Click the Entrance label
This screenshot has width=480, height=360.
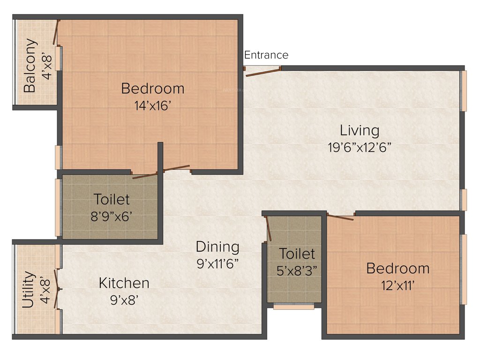pyautogui.click(x=266, y=55)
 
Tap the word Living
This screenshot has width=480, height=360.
pyautogui.click(x=360, y=130)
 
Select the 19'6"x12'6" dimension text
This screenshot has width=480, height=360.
pyautogui.click(x=360, y=147)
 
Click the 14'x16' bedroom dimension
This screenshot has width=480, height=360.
pyautogui.click(x=152, y=105)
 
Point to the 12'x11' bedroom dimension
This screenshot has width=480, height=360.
pyautogui.click(x=397, y=285)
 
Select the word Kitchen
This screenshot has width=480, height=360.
pyautogui.click(x=124, y=283)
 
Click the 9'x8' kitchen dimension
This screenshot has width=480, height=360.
pyautogui.click(x=124, y=300)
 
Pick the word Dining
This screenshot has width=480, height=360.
pyautogui.click(x=217, y=247)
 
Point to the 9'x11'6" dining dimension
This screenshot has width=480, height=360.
pyautogui.click(x=217, y=263)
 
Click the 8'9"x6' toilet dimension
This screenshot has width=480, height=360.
pyautogui.click(x=112, y=217)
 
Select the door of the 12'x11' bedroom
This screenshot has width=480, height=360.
pyautogui.click(x=340, y=217)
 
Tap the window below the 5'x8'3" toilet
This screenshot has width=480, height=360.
pyautogui.click(x=294, y=307)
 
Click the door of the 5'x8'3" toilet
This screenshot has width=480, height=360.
pyautogui.click(x=270, y=230)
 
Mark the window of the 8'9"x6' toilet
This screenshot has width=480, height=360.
pyautogui.click(x=58, y=207)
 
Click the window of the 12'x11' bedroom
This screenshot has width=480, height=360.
pyautogui.click(x=464, y=269)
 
